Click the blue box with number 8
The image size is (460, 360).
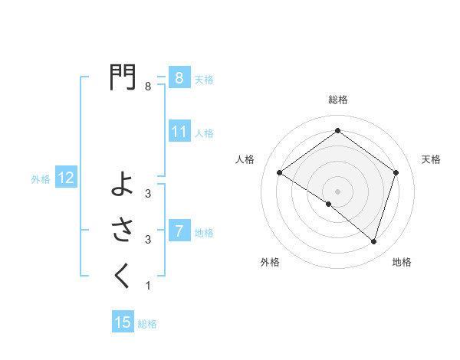(179, 78)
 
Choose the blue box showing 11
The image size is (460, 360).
(179, 132)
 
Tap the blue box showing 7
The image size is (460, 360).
(179, 231)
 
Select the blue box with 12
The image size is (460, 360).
(66, 178)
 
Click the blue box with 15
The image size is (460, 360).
(123, 322)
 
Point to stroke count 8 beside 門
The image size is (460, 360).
(148, 87)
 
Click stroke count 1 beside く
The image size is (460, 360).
(148, 286)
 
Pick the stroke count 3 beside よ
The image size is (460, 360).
(148, 194)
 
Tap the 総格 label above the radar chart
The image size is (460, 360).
(337, 100)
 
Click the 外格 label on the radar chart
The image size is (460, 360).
(270, 262)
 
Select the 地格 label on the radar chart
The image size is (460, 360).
(402, 262)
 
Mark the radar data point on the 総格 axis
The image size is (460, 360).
(337, 131)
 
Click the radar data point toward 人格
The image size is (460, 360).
(280, 173)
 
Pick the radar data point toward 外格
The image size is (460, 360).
(329, 204)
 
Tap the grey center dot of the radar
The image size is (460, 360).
(337, 191)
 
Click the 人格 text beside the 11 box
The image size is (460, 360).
(204, 133)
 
